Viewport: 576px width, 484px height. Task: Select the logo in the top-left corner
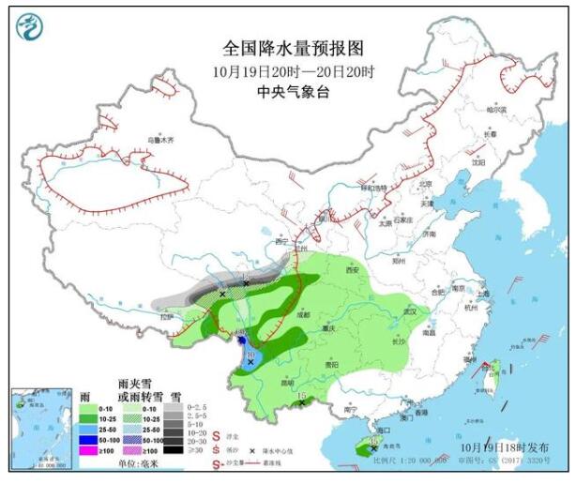click(x=33, y=27)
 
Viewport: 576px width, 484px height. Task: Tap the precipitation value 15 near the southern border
click(x=302, y=397)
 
